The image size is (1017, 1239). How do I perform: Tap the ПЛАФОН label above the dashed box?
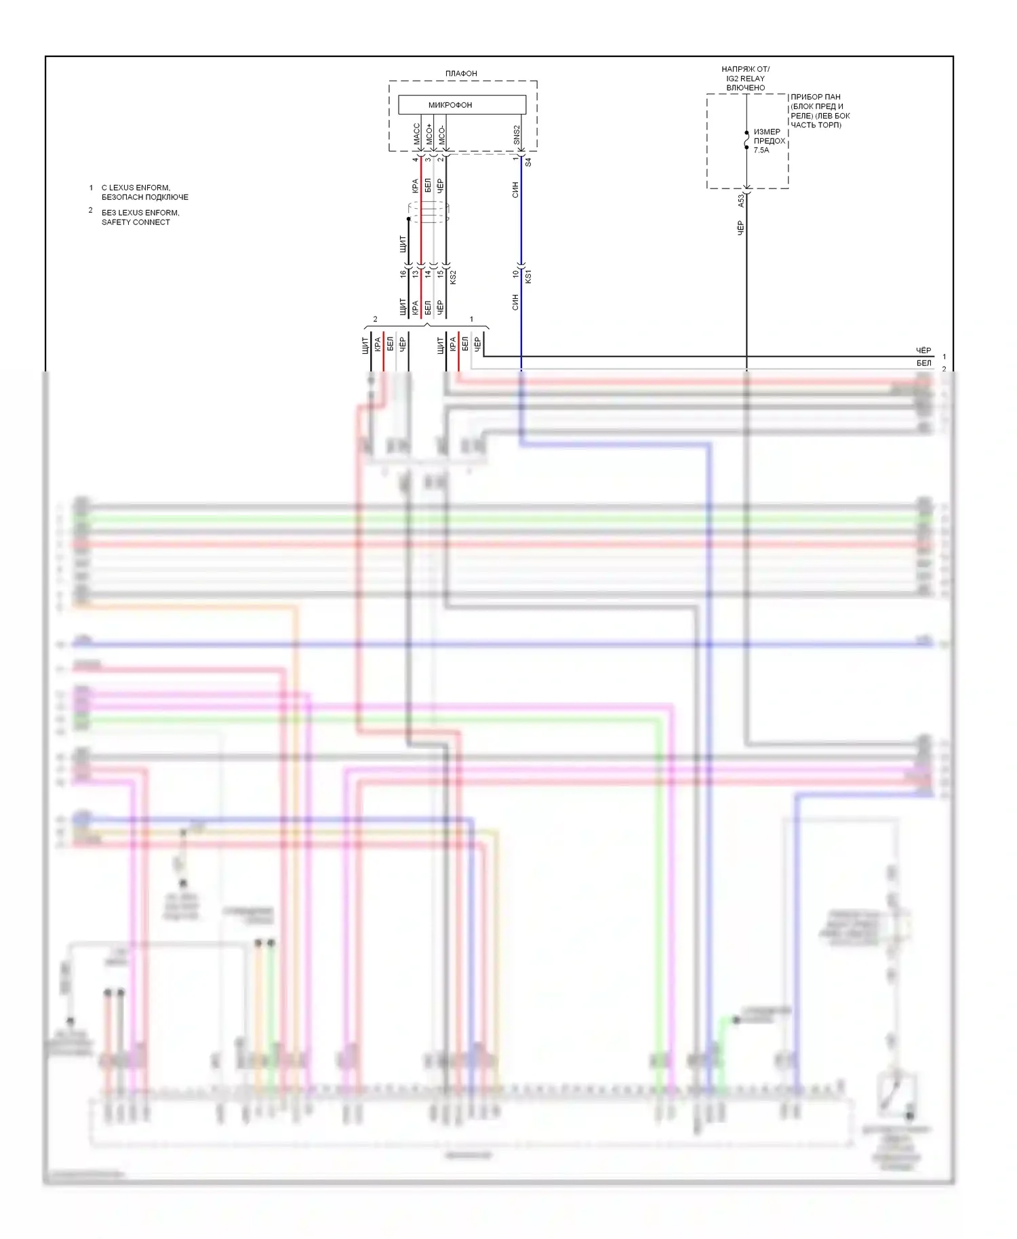pos(461,73)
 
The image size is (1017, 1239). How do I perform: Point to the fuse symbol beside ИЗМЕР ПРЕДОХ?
pos(746,140)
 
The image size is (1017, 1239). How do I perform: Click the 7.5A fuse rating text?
pos(761,150)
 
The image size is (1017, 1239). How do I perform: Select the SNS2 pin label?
pos(517,134)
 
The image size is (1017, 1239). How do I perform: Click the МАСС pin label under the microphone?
pos(417,134)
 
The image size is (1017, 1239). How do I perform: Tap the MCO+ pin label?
pos(429,134)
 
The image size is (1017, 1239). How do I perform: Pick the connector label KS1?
pos(528,276)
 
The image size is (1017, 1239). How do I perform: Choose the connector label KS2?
pos(453,277)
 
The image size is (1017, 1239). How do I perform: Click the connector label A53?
pos(741,200)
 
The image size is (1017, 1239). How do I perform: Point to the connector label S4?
pos(528,163)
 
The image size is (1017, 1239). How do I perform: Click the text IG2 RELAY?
pos(745,79)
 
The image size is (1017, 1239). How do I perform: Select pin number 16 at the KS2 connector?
pos(403,274)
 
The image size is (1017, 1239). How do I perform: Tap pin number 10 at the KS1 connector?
pos(516,274)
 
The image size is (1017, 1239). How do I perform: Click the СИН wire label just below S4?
pos(515,189)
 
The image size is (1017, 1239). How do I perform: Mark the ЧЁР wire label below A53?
pos(740,228)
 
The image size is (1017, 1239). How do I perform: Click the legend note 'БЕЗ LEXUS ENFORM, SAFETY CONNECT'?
pos(140,217)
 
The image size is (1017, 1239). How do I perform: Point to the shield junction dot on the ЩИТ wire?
pos(408,219)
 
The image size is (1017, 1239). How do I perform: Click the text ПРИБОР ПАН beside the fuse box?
pos(815,97)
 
